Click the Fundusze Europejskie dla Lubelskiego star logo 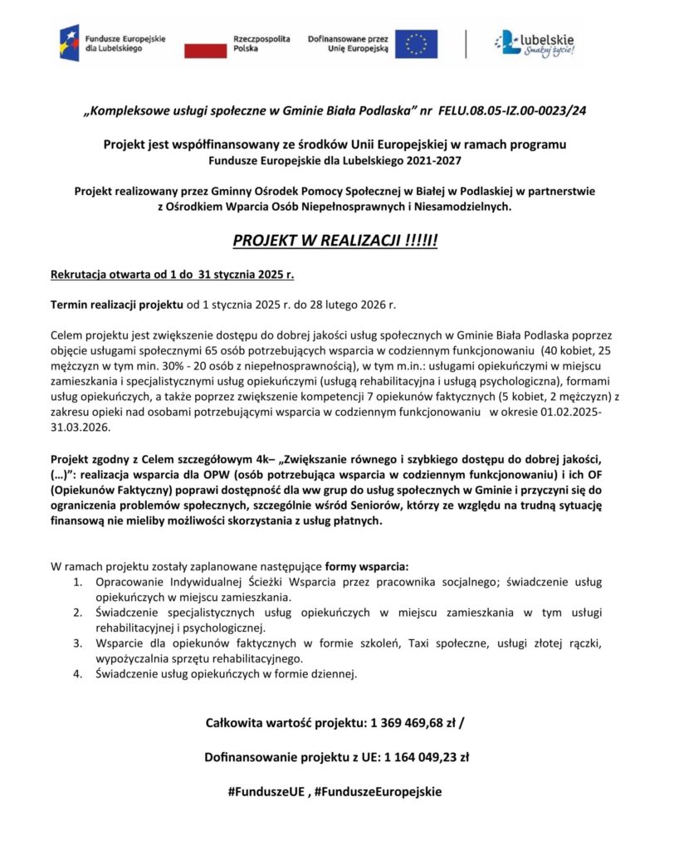69,43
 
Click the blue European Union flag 416,44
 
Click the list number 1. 76,582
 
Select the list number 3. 76,643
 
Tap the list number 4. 76,674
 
